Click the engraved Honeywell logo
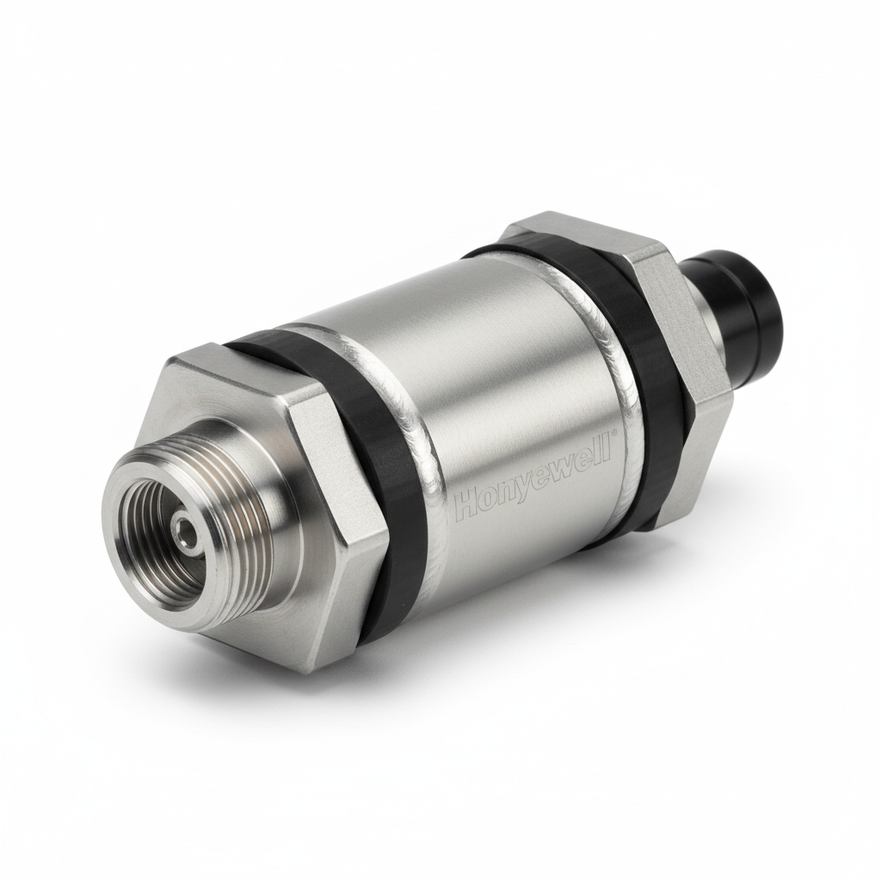click(x=531, y=478)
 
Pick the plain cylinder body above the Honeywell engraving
click(x=482, y=344)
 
